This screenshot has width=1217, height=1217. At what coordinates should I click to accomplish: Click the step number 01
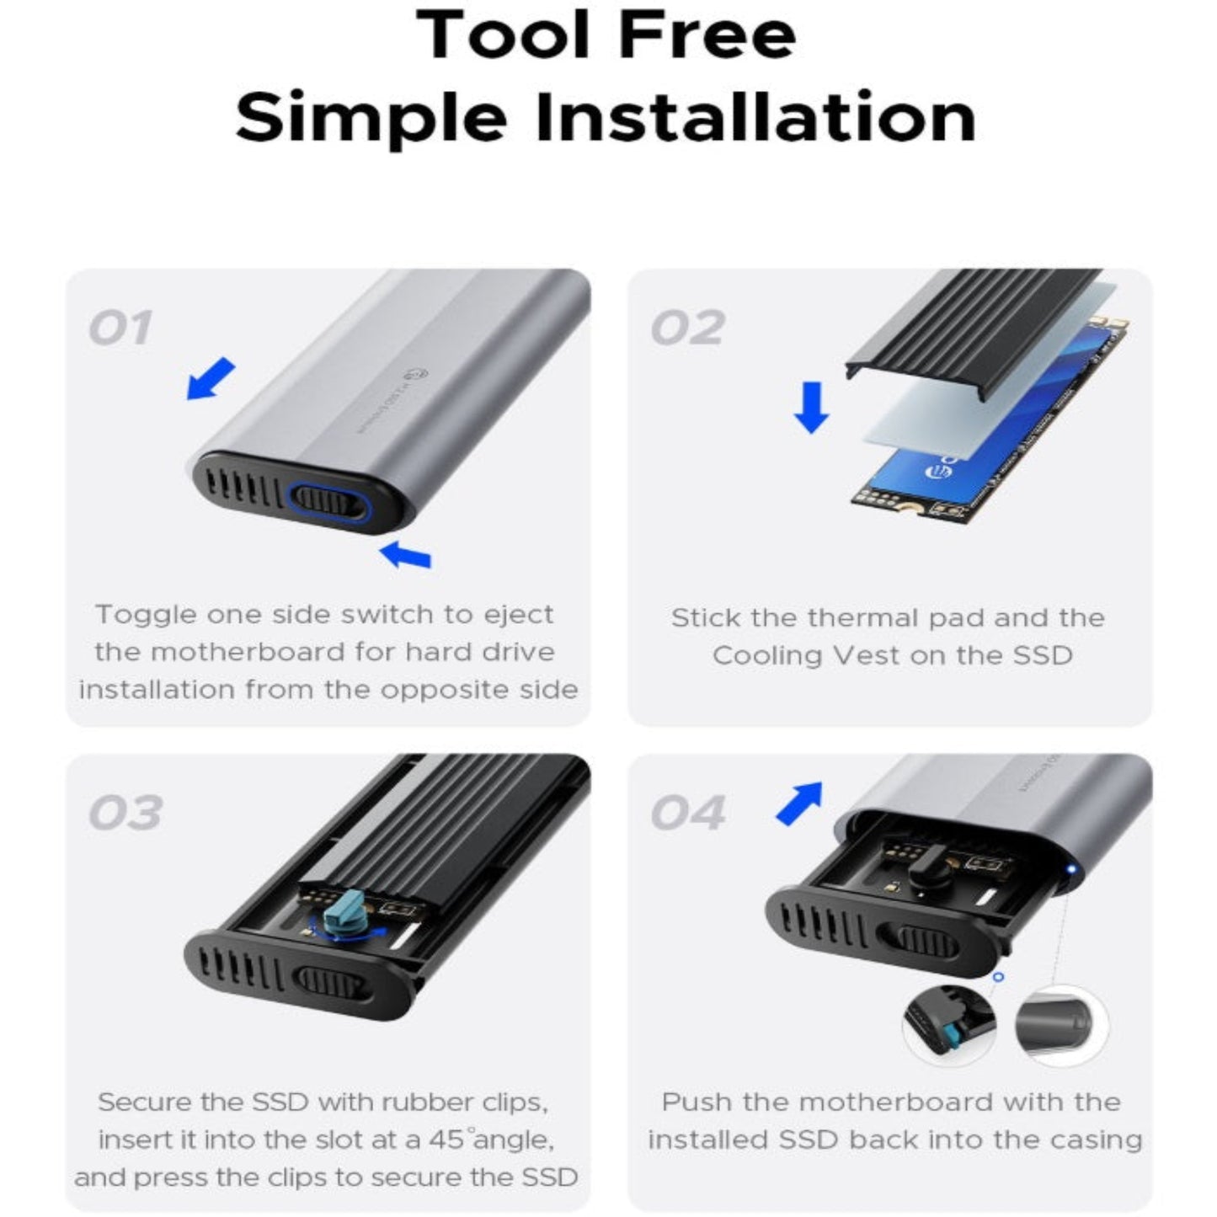click(120, 328)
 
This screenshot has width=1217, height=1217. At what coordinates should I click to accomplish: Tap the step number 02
click(686, 328)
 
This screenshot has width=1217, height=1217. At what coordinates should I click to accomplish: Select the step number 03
click(125, 813)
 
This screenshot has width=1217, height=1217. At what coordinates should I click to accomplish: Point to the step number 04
click(687, 813)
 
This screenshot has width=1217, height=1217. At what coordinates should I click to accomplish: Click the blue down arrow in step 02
click(812, 407)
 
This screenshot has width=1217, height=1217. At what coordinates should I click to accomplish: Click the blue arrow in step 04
click(798, 803)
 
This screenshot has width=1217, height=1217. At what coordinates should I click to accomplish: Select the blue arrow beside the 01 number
click(211, 378)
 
